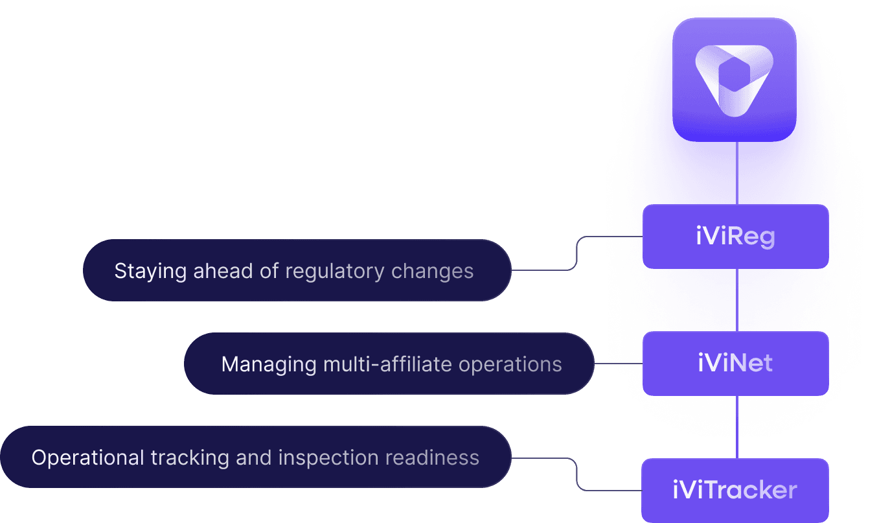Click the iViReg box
coord(735,237)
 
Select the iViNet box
coord(735,364)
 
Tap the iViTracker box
coord(735,490)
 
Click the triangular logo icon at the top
coord(733,79)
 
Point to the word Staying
coord(150,271)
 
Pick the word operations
coord(510,364)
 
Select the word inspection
coord(328,458)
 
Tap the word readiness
coord(432,458)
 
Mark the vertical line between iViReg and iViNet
coord(736,300)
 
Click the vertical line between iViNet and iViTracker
coord(736,427)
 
